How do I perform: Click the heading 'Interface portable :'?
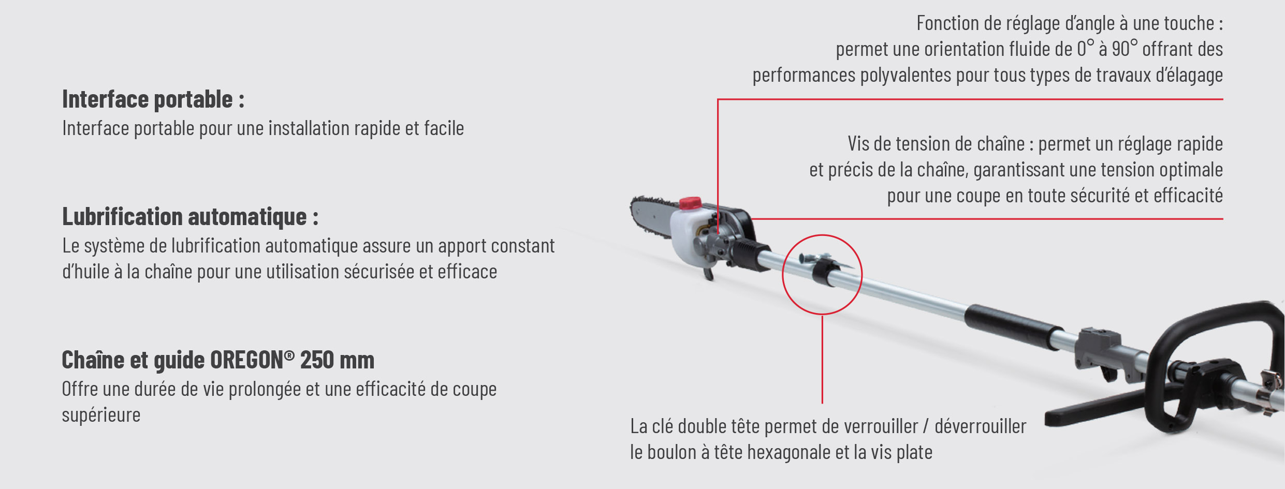click(x=153, y=99)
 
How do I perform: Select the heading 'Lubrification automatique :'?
click(x=190, y=217)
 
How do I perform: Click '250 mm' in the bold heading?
click(x=337, y=360)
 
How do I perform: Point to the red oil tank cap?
click(x=690, y=203)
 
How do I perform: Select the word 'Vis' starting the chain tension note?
click(x=858, y=144)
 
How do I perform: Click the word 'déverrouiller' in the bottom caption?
click(x=980, y=427)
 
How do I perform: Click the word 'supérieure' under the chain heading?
click(x=101, y=416)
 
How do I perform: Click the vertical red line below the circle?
click(x=822, y=362)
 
